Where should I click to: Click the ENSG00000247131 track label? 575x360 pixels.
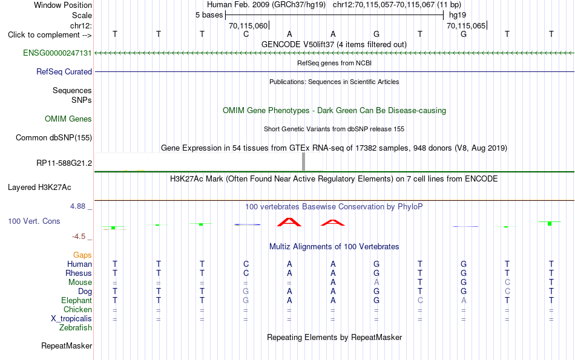click(x=57, y=53)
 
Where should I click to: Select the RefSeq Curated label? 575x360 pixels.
click(x=64, y=71)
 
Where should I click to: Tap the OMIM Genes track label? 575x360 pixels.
click(x=68, y=119)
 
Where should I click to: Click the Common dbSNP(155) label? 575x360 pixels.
click(x=54, y=137)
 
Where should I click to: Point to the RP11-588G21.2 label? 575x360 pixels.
click(x=64, y=163)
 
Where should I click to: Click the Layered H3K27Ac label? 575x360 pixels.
click(x=39, y=188)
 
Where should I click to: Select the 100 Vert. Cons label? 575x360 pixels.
click(x=34, y=221)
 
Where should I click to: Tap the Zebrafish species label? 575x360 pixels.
click(x=76, y=327)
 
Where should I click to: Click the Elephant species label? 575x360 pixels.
click(x=77, y=300)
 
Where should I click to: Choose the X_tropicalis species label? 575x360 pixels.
click(x=71, y=319)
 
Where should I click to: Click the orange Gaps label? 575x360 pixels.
click(x=82, y=255)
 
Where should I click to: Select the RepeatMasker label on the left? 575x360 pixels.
click(x=67, y=345)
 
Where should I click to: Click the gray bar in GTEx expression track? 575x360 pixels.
click(x=303, y=162)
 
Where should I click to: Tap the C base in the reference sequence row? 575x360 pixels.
click(x=246, y=34)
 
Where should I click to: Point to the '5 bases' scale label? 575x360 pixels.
click(x=209, y=15)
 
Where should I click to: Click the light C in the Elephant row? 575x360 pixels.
click(x=420, y=300)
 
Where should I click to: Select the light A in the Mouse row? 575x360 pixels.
click(x=376, y=283)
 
